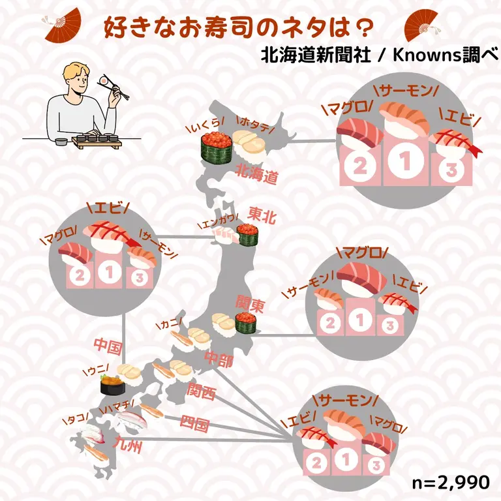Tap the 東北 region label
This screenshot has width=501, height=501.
click(262, 215)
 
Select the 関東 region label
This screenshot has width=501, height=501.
click(250, 303)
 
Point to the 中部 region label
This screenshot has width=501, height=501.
click(219, 359)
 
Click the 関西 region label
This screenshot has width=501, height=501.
click(202, 391)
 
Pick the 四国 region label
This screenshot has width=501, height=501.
click(194, 423)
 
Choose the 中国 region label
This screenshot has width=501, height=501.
click(108, 346)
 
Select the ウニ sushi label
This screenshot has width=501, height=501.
click(95, 369)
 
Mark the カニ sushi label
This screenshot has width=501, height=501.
click(170, 324)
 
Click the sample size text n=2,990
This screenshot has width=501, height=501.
click(451, 482)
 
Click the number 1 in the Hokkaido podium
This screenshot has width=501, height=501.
click(406, 160)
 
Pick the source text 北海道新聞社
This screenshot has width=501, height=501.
click(316, 55)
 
